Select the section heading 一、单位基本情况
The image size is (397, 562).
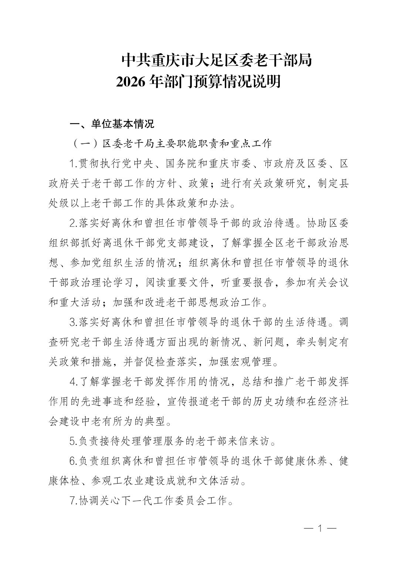pos(112,124)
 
